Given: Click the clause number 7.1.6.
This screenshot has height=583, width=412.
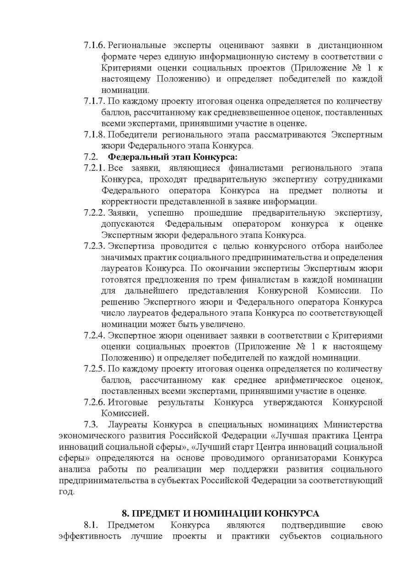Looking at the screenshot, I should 95,45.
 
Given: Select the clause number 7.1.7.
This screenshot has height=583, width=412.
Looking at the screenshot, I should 95,101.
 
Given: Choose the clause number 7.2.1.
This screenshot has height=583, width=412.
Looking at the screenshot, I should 95,168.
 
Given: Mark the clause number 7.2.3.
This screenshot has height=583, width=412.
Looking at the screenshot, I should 95,246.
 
